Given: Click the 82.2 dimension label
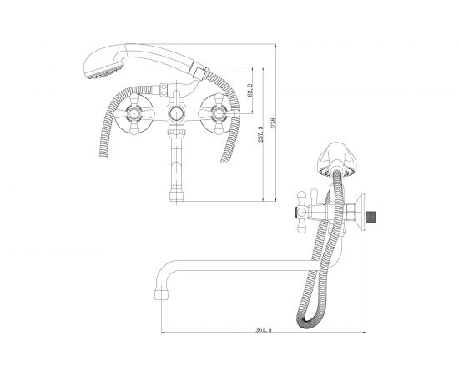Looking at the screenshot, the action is (x=250, y=90).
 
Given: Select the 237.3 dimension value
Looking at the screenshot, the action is (x=260, y=134).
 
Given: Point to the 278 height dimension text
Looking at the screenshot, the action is (x=274, y=122).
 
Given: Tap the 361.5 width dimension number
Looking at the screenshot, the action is (x=264, y=330).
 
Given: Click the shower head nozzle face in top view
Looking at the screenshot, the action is (x=104, y=72).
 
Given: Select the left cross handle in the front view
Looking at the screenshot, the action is (x=134, y=113).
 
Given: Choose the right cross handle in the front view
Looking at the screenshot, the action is (x=219, y=113).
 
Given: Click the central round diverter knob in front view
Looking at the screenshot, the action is (x=177, y=113).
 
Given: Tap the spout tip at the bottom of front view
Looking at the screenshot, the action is (x=177, y=196).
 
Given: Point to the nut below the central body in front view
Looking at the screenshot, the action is (x=177, y=132).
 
